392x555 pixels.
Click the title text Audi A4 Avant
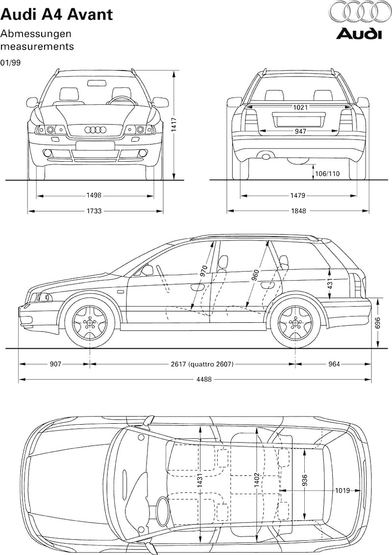57,15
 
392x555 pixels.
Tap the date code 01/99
10,63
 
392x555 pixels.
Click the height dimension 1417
174,125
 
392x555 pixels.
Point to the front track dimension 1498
94,195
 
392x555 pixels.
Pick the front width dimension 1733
94,211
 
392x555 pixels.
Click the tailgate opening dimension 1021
300,107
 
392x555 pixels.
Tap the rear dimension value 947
300,131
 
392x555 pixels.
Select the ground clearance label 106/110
327,173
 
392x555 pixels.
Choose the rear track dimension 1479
297,195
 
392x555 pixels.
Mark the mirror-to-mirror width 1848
298,211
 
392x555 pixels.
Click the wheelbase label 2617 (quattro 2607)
201,364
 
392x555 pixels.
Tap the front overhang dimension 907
55,364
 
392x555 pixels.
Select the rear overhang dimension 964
333,364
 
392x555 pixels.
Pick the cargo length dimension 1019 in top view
342,490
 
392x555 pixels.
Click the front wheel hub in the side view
90,322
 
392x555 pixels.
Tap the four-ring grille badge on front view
95,130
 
